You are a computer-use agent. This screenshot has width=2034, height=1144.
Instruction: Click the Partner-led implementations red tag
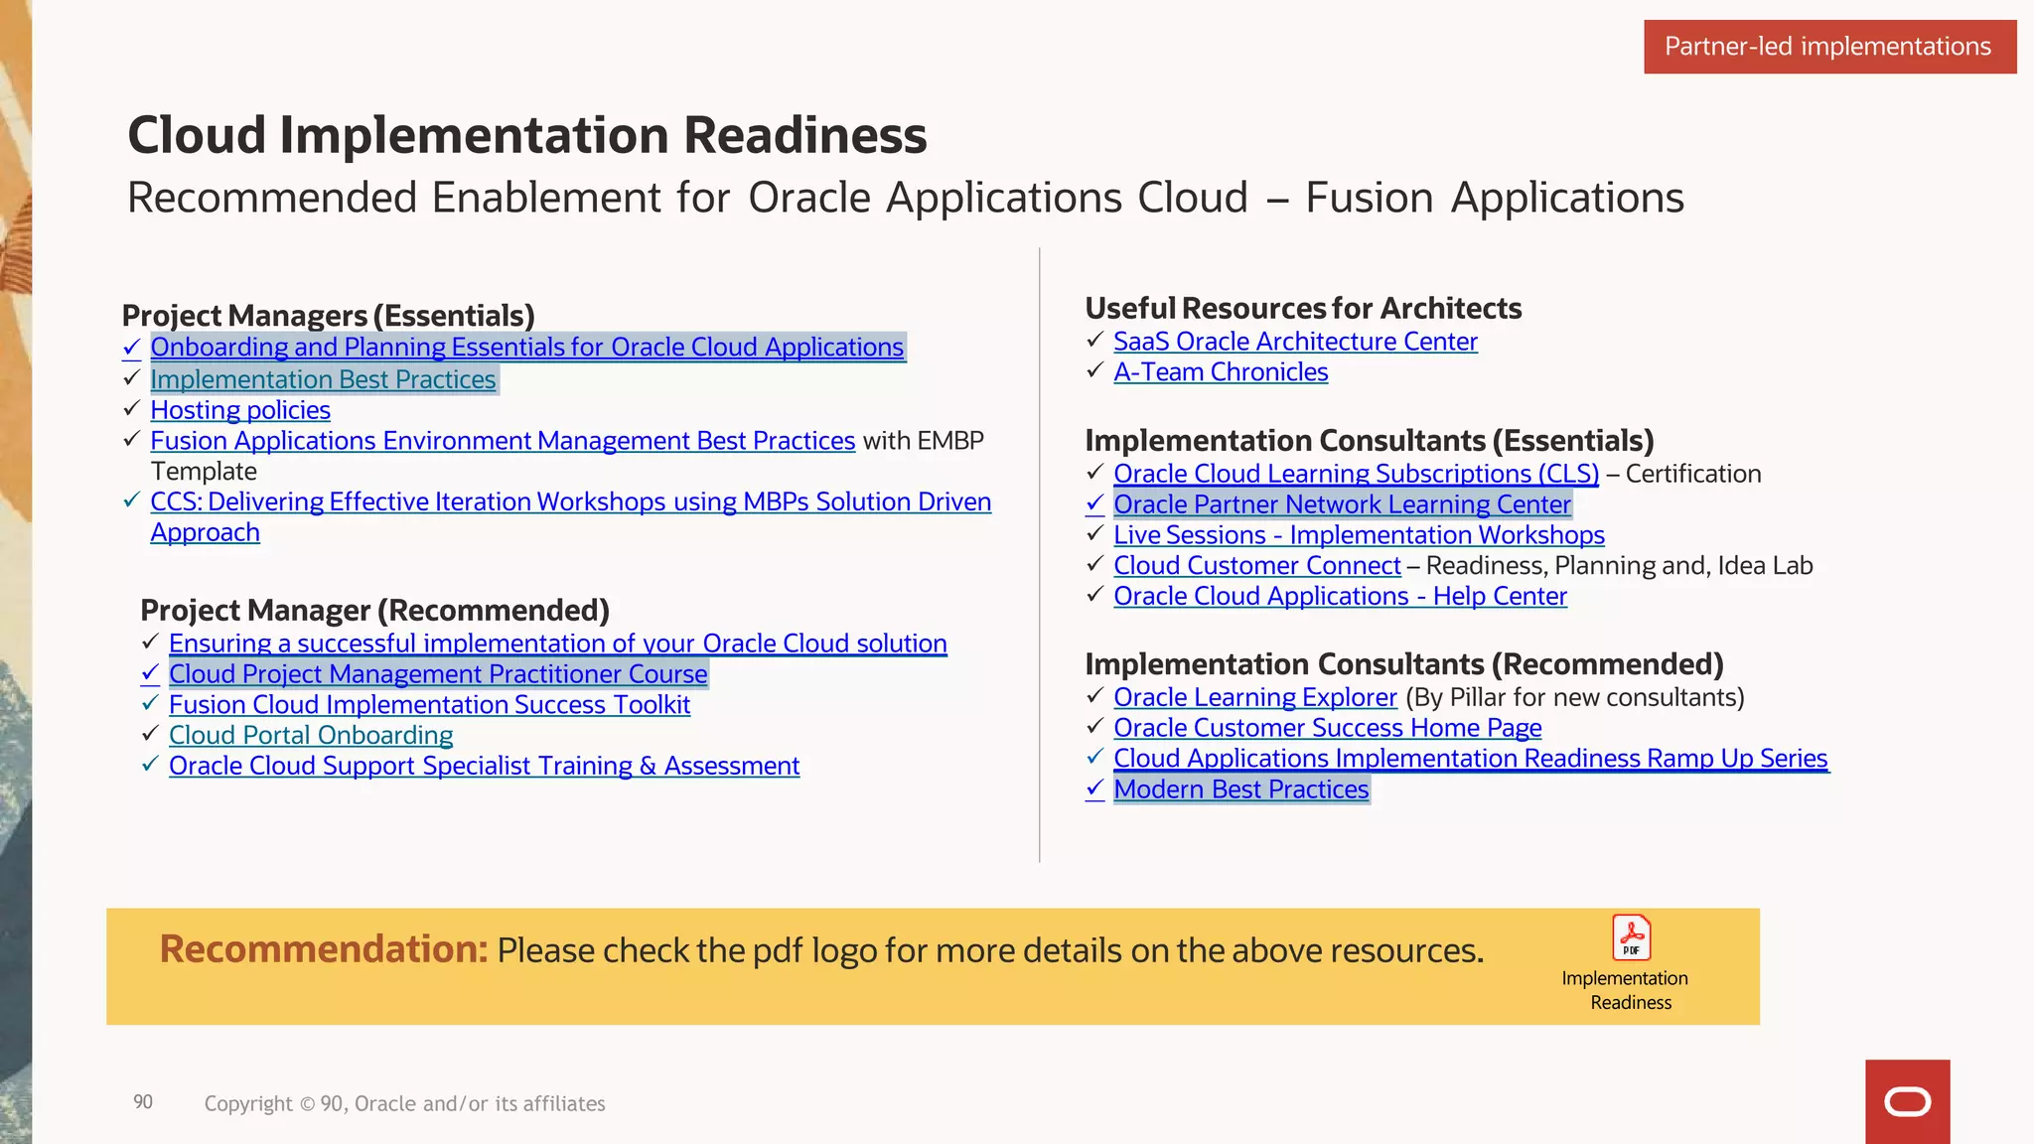1828,47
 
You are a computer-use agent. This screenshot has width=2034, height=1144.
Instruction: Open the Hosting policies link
240,410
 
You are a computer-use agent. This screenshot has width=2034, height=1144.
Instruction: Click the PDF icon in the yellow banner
1631,937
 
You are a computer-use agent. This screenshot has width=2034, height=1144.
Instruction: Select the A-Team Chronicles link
1221,372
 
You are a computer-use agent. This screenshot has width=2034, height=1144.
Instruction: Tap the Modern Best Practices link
1240,789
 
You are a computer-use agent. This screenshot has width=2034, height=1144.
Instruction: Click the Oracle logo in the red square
1907,1102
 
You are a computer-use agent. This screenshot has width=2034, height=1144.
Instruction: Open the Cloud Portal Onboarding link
311,736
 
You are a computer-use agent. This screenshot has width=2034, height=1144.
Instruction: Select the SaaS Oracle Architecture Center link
1295,342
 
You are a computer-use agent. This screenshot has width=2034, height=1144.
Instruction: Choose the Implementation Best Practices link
323,380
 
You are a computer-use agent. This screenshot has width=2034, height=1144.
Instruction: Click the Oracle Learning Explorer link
1255,698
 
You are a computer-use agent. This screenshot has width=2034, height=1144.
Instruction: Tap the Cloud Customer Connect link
1256,566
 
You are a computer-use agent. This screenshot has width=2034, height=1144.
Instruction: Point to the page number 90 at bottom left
143,1102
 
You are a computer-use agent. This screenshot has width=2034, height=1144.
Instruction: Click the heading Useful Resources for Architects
1303,309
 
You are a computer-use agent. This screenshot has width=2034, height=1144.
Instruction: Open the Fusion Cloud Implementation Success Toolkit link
429,705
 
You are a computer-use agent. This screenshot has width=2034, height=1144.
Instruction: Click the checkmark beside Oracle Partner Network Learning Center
1094,504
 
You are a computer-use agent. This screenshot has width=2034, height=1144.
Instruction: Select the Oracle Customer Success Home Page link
1327,728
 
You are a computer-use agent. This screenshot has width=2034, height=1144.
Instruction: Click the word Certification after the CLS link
1693,475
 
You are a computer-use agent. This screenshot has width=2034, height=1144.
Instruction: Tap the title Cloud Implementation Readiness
526,135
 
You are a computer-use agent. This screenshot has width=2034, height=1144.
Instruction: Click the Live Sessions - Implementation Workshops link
1359,535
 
